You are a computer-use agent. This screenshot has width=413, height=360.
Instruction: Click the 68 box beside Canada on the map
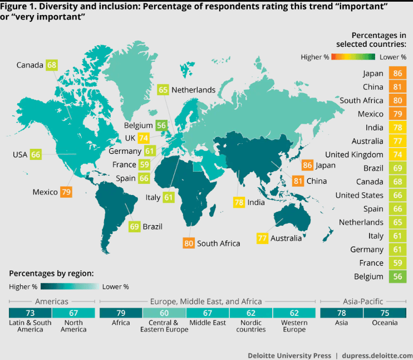coord(52,65)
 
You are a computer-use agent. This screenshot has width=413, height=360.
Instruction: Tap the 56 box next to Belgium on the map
coord(161,125)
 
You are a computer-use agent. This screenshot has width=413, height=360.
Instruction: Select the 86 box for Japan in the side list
coord(397,73)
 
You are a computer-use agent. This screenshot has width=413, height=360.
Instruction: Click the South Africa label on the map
coord(218,243)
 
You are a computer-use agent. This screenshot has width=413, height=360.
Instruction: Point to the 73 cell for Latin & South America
coord(30,313)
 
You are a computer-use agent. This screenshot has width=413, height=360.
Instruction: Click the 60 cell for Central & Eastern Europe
coord(165,313)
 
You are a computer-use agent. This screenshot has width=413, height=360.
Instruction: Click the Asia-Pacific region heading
coord(364,301)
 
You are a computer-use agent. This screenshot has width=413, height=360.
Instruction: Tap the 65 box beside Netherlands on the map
coord(163,90)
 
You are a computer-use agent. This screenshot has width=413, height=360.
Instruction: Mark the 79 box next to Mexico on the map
coord(66,192)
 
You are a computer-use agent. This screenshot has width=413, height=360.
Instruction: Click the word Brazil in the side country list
coord(372,168)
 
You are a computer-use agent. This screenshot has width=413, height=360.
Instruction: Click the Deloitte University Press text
coord(289,356)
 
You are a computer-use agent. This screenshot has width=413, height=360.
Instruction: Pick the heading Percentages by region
coord(51,274)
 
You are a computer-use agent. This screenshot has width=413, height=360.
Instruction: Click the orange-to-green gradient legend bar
coord(353,57)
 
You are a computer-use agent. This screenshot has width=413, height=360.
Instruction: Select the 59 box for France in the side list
coord(397,262)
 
